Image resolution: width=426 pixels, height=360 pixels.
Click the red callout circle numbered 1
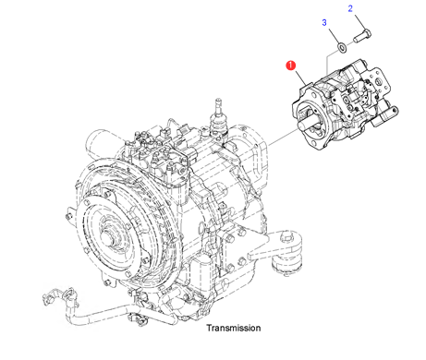[x=290, y=66]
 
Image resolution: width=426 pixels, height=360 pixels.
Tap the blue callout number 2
[x=350, y=8]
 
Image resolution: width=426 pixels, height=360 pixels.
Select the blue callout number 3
[x=324, y=22]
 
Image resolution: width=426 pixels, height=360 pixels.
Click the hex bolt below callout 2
[x=362, y=36]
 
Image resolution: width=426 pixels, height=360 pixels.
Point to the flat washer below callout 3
[x=342, y=47]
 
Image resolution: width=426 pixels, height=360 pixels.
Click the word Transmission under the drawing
[x=234, y=328]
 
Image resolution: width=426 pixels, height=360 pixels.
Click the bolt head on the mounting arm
[x=286, y=237]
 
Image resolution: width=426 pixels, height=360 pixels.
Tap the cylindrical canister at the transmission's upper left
[x=100, y=144]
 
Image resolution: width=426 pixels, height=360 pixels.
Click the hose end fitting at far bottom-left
[x=48, y=297]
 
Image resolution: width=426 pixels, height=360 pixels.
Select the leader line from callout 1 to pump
[x=300, y=78]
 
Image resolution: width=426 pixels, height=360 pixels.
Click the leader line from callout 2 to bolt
[x=360, y=22]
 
